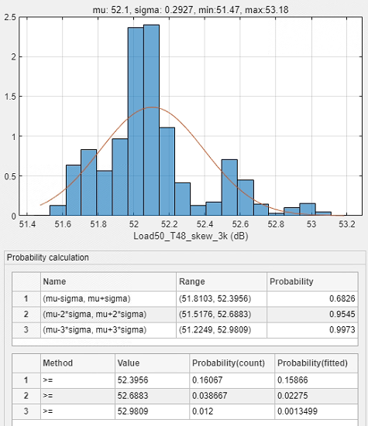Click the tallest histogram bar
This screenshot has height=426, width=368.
(x=151, y=120)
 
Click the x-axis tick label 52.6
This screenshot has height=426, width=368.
(x=240, y=224)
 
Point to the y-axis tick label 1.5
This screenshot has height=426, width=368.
(x=10, y=97)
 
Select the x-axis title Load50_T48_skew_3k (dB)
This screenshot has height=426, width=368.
(x=191, y=236)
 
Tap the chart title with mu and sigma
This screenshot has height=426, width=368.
(x=191, y=10)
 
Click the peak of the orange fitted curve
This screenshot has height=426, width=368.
(x=152, y=107)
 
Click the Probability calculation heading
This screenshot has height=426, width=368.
(x=48, y=257)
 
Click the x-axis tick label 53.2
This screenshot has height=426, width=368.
(x=347, y=224)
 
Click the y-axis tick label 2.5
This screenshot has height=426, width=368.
(x=10, y=17)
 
